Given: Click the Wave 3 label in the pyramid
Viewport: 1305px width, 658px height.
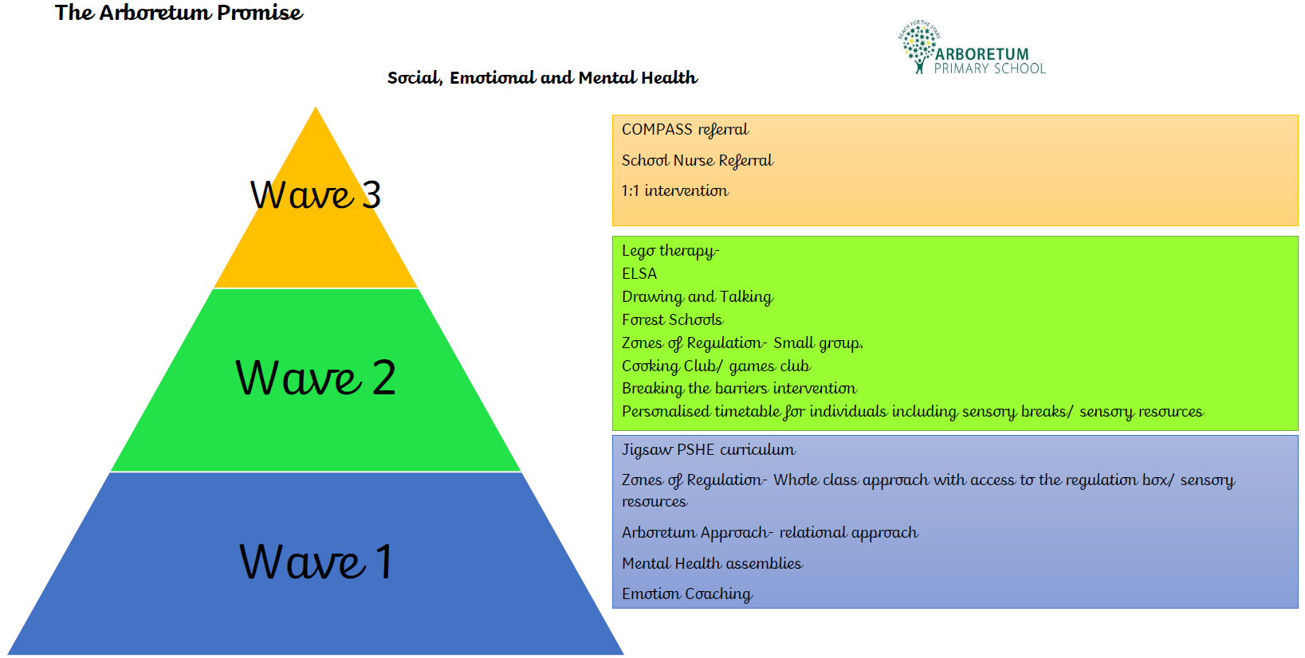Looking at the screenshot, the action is (x=316, y=194).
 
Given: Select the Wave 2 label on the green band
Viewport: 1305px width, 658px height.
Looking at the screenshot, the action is (x=316, y=378).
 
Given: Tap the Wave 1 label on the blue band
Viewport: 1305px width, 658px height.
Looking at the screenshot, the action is (x=316, y=561).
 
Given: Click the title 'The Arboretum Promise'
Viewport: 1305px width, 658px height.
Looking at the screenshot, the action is (x=179, y=13).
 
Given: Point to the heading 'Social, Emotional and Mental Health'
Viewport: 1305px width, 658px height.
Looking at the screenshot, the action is (x=542, y=77).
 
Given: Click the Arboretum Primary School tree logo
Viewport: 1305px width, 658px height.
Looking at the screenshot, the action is (x=920, y=47).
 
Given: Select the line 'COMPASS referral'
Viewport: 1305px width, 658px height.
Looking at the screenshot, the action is (x=685, y=129).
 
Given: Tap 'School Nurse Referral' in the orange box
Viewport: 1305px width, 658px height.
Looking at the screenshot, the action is (x=698, y=160).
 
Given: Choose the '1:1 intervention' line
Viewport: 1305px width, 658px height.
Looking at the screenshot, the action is (x=674, y=190).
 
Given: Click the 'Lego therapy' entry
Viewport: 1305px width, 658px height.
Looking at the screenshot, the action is (x=670, y=251).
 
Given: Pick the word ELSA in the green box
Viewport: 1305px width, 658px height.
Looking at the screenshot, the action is (x=639, y=273).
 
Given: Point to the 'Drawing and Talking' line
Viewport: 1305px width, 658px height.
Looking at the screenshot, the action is (x=698, y=296).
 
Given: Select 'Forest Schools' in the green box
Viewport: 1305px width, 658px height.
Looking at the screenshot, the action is (x=672, y=319).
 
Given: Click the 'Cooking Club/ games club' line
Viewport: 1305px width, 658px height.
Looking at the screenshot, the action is (x=716, y=366).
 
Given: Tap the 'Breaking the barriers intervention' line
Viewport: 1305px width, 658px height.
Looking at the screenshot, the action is (x=739, y=388).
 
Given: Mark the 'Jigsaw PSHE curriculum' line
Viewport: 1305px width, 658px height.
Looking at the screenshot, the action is (x=708, y=449).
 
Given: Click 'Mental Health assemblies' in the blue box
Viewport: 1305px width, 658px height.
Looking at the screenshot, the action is (x=712, y=563).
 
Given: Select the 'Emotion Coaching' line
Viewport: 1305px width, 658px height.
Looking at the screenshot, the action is (x=687, y=593).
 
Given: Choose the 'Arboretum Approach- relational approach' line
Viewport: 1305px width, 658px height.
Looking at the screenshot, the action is (x=770, y=532).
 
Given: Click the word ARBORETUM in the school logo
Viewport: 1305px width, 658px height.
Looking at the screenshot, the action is (x=981, y=54).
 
